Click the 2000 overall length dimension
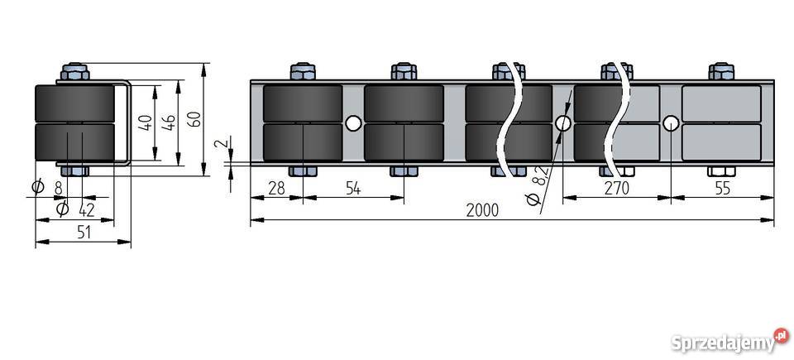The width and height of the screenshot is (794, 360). (x=482, y=210)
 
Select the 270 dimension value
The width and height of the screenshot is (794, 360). (x=617, y=188)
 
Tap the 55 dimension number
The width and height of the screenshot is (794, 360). (x=723, y=188)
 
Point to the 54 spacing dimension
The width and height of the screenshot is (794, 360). (x=353, y=188)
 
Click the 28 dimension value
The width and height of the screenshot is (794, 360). (x=276, y=188)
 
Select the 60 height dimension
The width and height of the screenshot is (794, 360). (x=195, y=118)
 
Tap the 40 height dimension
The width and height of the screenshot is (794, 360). (x=146, y=122)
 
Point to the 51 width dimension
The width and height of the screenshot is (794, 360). (x=84, y=233)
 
